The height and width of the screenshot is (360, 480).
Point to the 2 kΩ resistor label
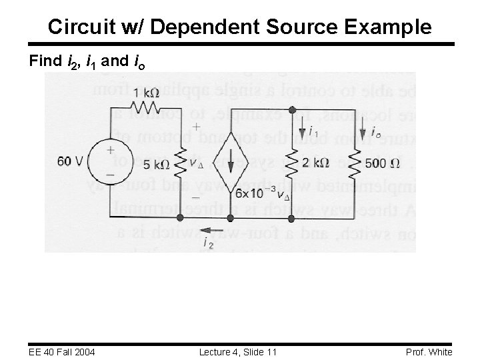[x=315, y=163]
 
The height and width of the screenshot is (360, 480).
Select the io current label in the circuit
[x=377, y=131]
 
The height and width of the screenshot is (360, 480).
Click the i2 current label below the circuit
[x=209, y=244]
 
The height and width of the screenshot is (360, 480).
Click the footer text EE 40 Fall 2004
[x=62, y=352]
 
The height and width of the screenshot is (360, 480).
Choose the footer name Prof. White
[x=429, y=352]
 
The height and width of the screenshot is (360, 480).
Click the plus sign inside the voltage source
[x=110, y=151]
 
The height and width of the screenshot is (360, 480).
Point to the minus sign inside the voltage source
[x=110, y=175]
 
